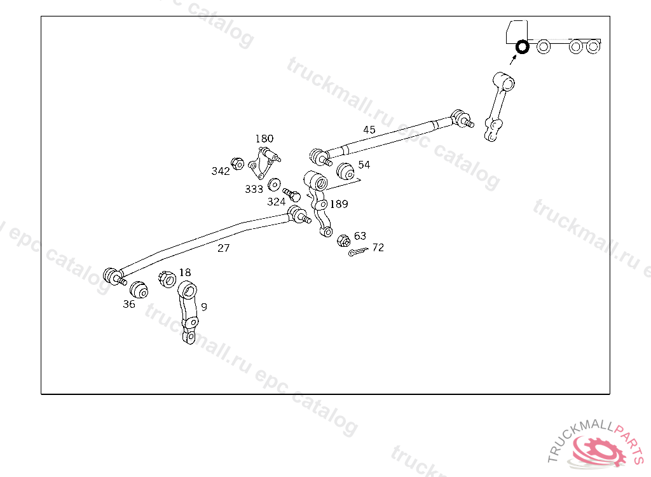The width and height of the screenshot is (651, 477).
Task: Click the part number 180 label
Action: (264, 139)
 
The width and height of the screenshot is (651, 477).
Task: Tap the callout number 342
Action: (221, 171)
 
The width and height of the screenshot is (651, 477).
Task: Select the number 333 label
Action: (254, 189)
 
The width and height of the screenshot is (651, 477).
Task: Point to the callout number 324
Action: (276, 202)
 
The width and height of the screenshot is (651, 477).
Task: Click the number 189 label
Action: (339, 204)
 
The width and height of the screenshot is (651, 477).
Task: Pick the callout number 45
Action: (369, 130)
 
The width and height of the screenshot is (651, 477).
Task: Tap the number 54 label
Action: (364, 165)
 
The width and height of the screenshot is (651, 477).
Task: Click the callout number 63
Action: (360, 236)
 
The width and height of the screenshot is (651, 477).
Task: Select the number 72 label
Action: (378, 247)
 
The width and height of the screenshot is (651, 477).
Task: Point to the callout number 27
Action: (223, 248)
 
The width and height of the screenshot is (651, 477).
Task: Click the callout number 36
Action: (129, 304)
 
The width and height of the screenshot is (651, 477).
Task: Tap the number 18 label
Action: (184, 272)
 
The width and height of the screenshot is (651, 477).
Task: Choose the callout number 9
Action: (203, 307)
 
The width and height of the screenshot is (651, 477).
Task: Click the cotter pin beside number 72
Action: (359, 252)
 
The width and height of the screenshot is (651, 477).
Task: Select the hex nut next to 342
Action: (237, 163)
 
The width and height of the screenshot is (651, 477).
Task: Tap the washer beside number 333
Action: (275, 185)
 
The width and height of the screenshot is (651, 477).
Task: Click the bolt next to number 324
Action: (292, 194)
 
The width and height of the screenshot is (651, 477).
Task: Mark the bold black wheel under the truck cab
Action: (522, 46)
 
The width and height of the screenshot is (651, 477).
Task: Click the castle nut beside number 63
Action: (343, 240)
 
